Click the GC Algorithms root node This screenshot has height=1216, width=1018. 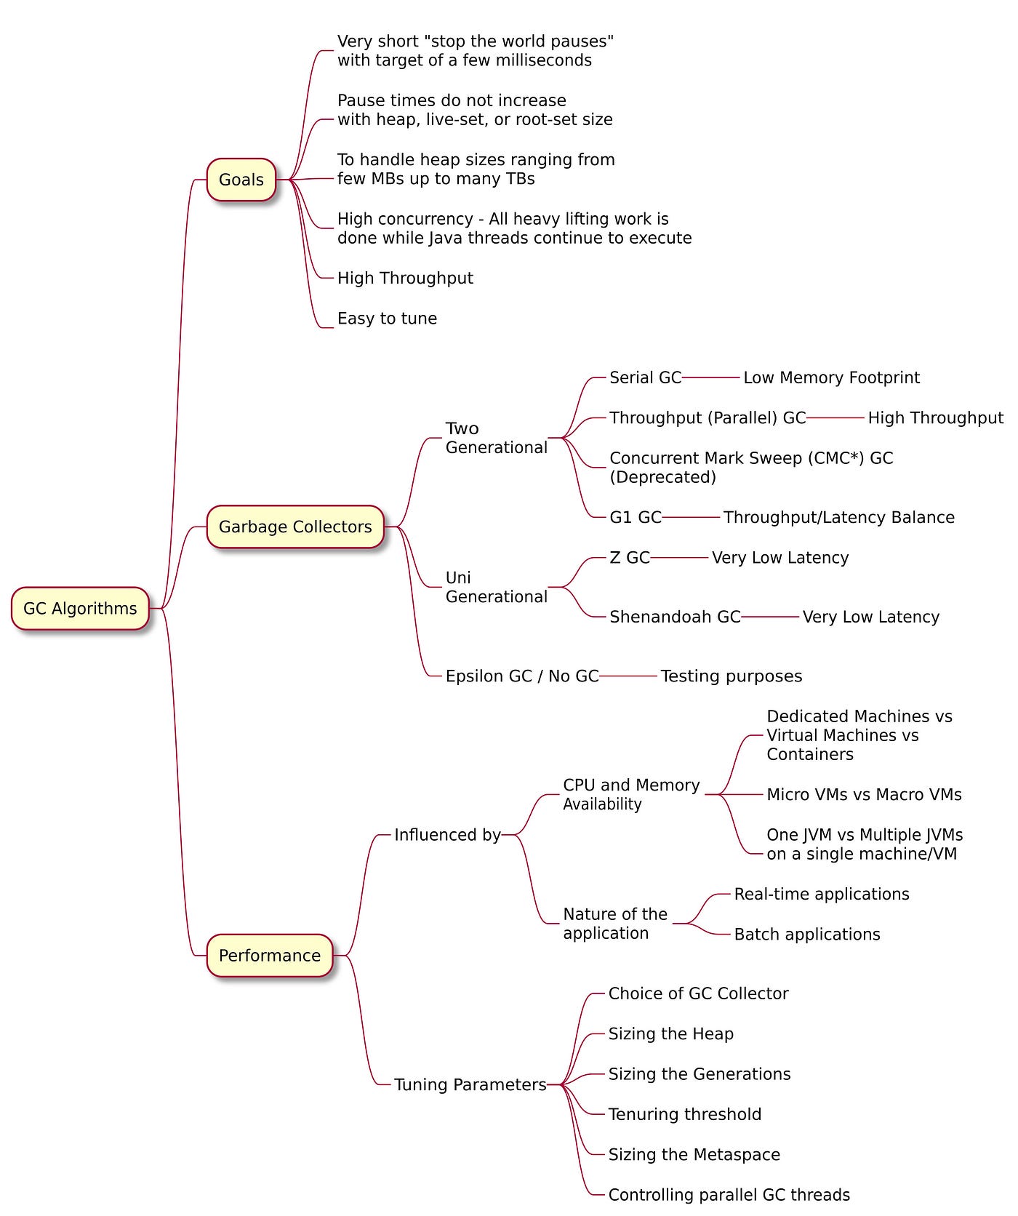click(80, 609)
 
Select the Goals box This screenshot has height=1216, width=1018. click(241, 180)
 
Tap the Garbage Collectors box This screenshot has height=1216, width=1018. click(295, 527)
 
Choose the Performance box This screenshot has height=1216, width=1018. click(270, 956)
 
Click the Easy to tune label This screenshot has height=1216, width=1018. click(387, 319)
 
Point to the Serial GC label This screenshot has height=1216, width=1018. click(645, 377)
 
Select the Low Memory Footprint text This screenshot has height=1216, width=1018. click(831, 377)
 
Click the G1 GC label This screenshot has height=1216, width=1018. click(636, 517)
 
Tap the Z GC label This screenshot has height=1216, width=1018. click(630, 558)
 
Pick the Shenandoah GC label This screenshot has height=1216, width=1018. click(675, 617)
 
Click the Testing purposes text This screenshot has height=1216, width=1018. click(731, 676)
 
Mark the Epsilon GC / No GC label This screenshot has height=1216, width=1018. click(522, 676)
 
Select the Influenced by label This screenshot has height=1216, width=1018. click(447, 835)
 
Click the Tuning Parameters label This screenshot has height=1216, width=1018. click(470, 1085)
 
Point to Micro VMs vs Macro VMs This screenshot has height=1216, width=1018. click(864, 795)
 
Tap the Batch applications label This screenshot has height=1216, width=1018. click(807, 935)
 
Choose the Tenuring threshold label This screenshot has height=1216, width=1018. click(685, 1114)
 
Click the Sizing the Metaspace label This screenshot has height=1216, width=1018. click(694, 1155)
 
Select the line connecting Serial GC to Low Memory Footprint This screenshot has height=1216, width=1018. click(711, 377)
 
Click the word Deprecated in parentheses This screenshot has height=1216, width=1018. click(662, 478)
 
